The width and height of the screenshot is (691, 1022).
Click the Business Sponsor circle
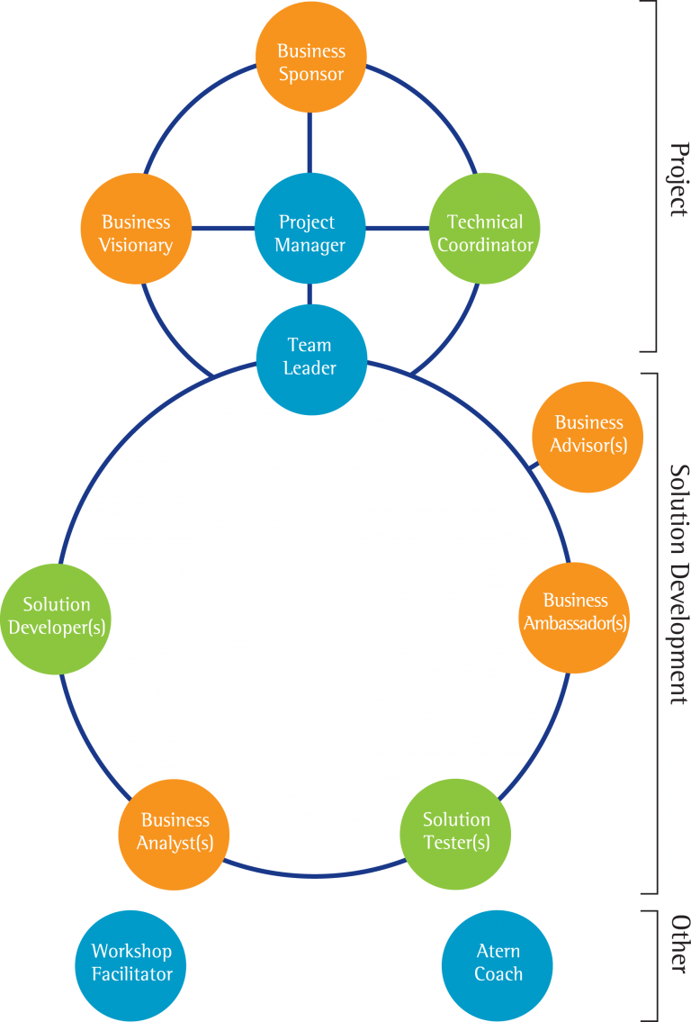point(310,62)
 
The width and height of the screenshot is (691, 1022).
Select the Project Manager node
point(310,232)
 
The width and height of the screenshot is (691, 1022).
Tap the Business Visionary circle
point(136,232)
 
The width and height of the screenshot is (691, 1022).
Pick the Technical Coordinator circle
point(485,232)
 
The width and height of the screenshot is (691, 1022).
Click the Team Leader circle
point(310,357)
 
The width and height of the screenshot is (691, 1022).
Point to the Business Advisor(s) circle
point(588,434)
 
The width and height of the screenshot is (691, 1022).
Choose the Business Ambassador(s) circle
point(575,612)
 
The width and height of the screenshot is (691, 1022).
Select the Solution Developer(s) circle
point(56,617)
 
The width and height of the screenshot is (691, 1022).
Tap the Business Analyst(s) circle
point(175,832)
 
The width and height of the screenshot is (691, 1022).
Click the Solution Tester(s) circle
point(456,832)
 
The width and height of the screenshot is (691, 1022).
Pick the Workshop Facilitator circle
point(131,963)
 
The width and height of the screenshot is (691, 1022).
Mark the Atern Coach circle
point(498,963)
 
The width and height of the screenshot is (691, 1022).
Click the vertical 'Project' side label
point(678,180)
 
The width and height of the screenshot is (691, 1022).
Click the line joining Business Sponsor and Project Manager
point(310,142)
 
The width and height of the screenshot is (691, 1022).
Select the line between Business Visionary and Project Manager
point(222,228)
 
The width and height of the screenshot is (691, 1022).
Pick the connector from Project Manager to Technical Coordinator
point(397,228)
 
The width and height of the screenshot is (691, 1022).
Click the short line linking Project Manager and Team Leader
point(310,294)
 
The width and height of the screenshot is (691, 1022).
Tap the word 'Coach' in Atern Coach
point(498,974)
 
